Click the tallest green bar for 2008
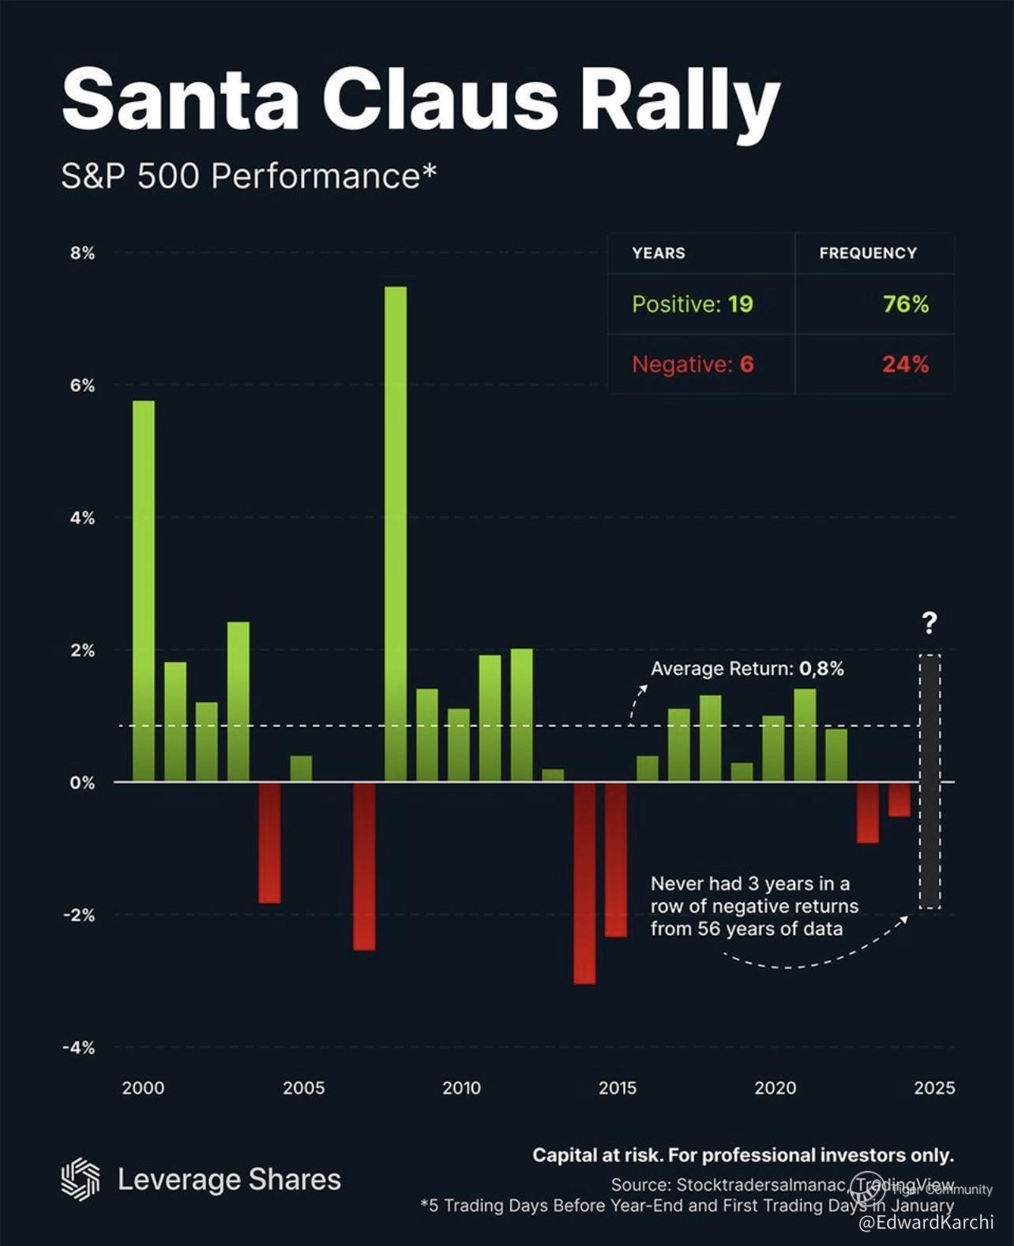tap(396, 533)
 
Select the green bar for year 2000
tap(144, 591)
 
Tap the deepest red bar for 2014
tap(585, 883)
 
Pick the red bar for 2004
tap(269, 842)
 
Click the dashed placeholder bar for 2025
tap(929, 781)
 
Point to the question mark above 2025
tap(929, 623)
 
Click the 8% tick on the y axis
tap(81, 254)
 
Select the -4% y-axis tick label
tap(78, 1048)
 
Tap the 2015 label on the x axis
tap(618, 1088)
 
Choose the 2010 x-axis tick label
tap(461, 1088)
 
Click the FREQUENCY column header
tap(868, 254)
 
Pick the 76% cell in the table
tap(905, 304)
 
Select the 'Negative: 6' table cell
tap(693, 364)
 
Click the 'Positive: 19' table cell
tap(693, 304)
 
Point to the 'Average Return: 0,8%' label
tap(747, 669)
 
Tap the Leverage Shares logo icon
tap(81, 1180)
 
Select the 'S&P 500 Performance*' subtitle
tap(249, 175)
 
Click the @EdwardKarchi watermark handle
tap(926, 1222)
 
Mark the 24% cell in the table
tap(905, 364)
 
